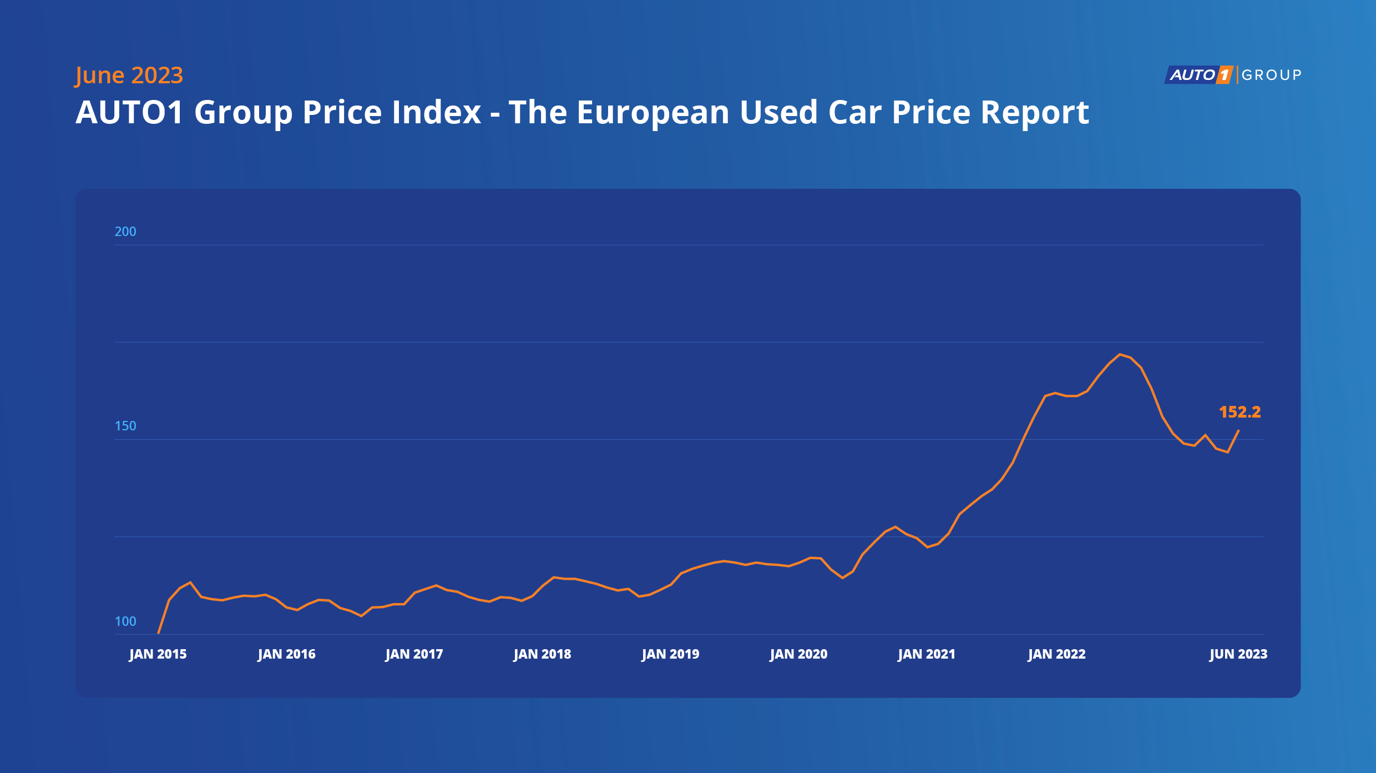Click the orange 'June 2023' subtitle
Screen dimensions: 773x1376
click(x=129, y=76)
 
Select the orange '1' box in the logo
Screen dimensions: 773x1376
click(x=1223, y=75)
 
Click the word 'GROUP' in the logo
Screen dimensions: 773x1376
click(x=1271, y=75)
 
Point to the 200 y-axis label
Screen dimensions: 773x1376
click(x=125, y=232)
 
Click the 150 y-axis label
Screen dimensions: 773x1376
click(x=125, y=426)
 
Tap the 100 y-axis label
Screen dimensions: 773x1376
click(x=125, y=621)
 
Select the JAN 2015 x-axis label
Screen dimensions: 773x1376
click(x=158, y=654)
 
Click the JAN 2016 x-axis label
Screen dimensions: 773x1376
click(x=286, y=654)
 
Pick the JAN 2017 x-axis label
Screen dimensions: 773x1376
click(x=414, y=654)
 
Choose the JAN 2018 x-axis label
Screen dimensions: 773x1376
click(x=542, y=654)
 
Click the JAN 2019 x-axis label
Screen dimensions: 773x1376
click(x=670, y=654)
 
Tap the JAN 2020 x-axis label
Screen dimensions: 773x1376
click(x=798, y=654)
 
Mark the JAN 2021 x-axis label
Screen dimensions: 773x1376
click(x=927, y=654)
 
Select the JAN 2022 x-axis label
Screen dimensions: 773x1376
click(x=1056, y=654)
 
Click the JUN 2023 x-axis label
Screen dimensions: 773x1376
click(x=1238, y=654)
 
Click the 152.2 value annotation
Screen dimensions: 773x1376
click(x=1240, y=412)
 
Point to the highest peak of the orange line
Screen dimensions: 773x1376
click(x=1120, y=354)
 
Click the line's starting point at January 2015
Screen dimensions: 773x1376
click(x=159, y=633)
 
